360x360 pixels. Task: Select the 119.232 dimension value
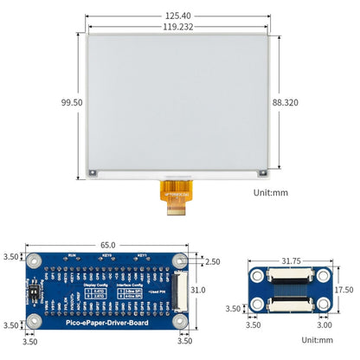177,27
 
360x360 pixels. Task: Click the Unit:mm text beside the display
270,193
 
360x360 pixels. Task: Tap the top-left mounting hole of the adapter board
256,276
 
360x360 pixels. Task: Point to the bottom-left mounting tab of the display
93,173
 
